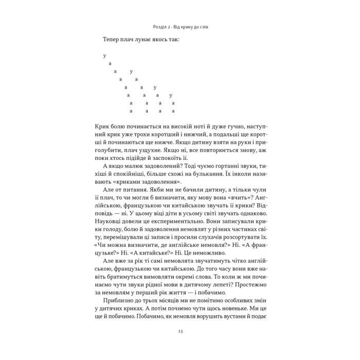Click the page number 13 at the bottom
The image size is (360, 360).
click(x=180, y=332)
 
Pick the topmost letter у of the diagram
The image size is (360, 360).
click(x=104, y=56)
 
